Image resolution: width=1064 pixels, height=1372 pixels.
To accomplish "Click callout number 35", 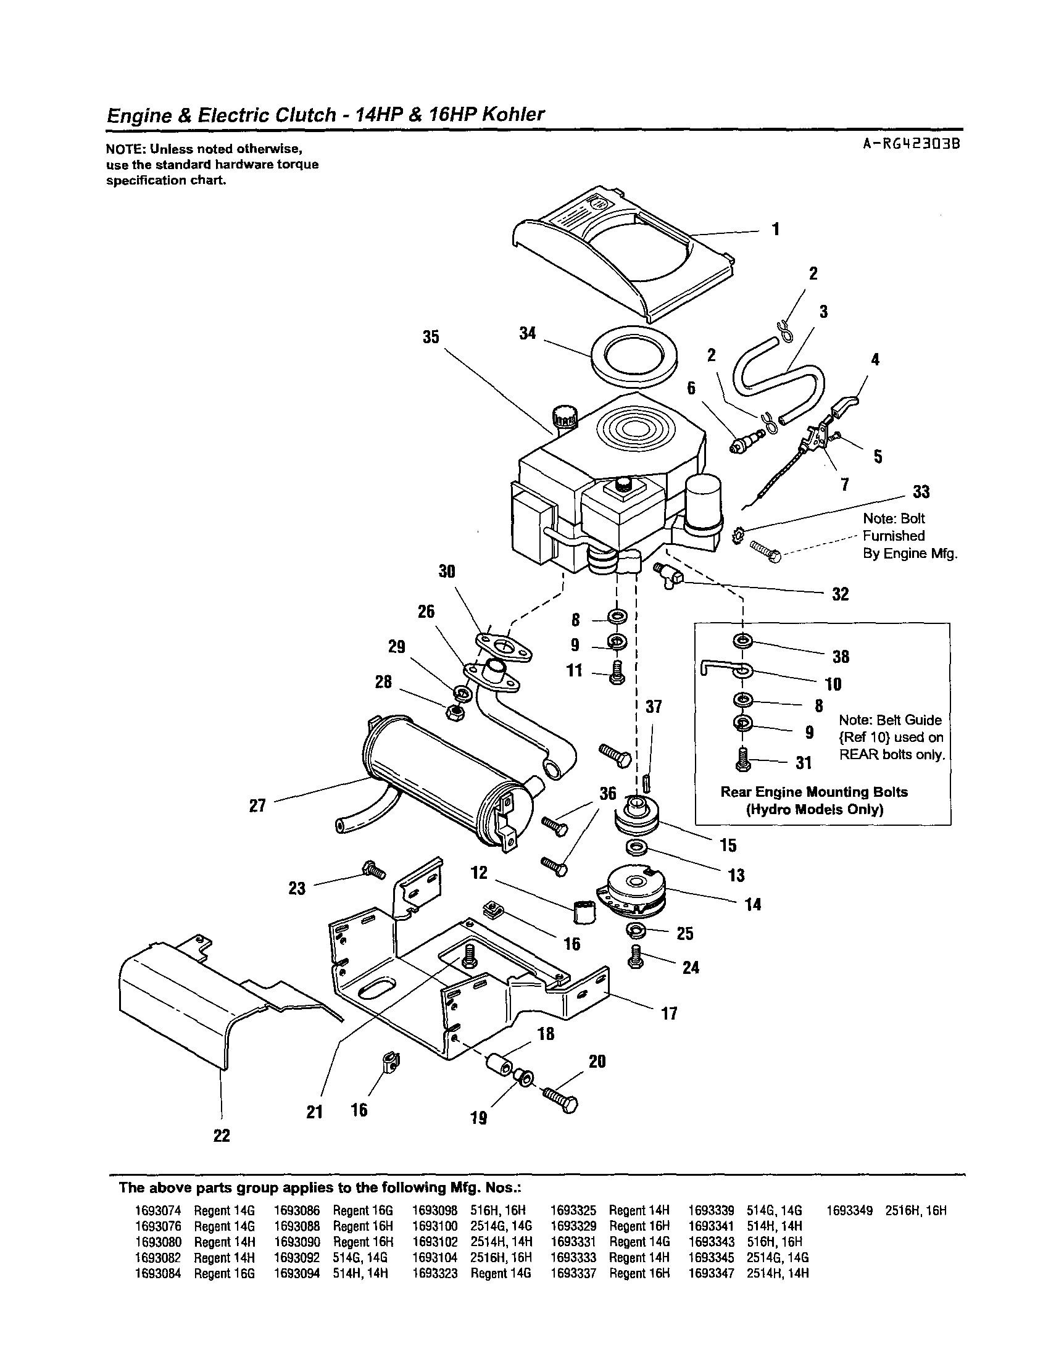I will [x=430, y=337].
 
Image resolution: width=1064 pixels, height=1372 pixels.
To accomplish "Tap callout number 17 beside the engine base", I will [x=670, y=1013].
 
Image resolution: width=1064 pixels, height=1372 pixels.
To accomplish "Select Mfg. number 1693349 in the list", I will [x=849, y=1210].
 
